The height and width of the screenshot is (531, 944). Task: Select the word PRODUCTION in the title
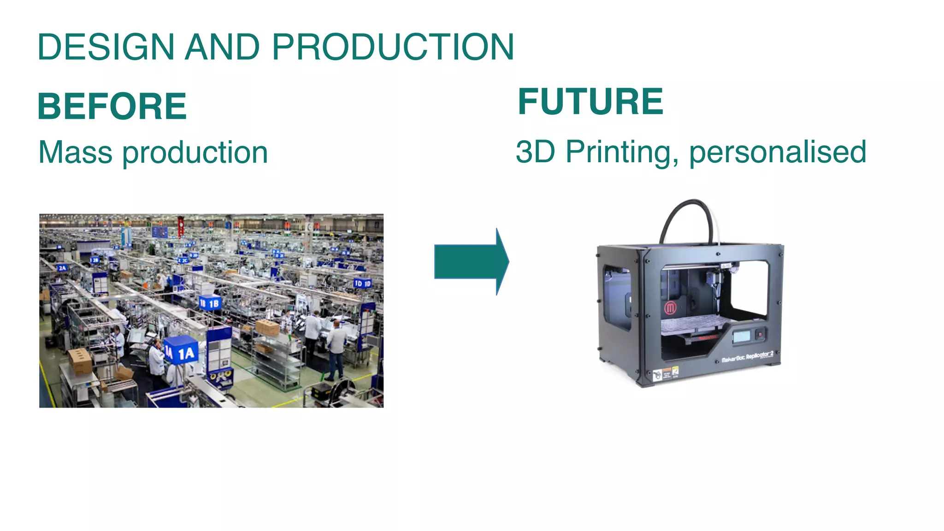point(393,47)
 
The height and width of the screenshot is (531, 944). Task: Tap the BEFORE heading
point(112,106)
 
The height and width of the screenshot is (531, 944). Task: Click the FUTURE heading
point(590,102)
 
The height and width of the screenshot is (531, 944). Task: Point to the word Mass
point(75,153)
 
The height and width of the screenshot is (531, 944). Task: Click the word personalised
point(778,152)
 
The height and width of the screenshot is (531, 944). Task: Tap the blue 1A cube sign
point(182,353)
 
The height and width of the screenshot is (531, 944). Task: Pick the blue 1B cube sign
point(210,303)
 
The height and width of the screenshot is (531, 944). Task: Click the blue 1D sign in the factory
point(362,283)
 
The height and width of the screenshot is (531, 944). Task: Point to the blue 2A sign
point(62,268)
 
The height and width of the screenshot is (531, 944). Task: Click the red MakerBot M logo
point(670,308)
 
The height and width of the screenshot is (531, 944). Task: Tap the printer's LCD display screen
point(741,336)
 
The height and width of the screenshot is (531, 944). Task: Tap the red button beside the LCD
point(760,333)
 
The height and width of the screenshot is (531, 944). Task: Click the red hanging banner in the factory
point(181,226)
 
